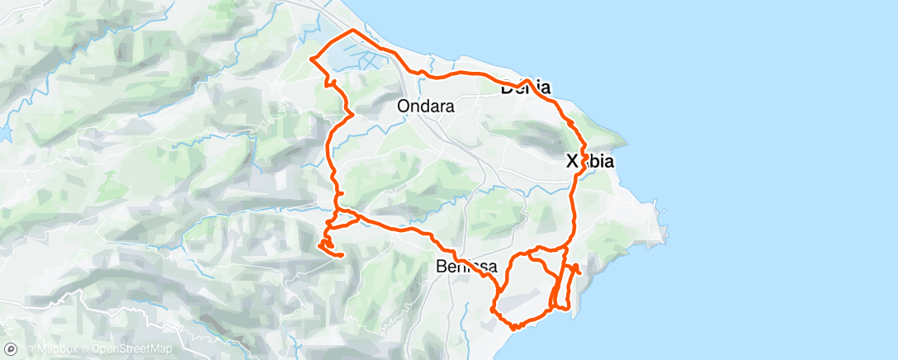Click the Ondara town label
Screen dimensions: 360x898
425,106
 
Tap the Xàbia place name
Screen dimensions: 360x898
590,162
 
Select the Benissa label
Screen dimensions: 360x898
466,266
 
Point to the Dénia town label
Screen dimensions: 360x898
526,88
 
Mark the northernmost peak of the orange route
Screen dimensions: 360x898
353,31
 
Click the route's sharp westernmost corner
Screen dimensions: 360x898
310,59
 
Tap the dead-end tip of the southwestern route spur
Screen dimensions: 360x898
341,255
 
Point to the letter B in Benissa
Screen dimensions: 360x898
440,266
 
